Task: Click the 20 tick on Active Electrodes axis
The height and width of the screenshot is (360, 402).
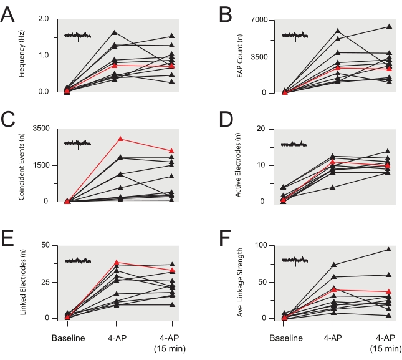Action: click(x=269, y=129)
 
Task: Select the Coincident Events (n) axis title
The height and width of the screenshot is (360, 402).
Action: click(x=22, y=165)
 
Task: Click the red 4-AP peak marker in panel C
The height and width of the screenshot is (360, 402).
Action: click(x=120, y=139)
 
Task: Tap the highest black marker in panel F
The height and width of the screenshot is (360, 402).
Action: click(x=389, y=250)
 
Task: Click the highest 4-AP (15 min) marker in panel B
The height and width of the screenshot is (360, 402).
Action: click(x=389, y=26)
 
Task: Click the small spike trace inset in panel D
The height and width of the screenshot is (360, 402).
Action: click(x=295, y=145)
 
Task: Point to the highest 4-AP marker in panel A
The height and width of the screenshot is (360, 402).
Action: click(x=115, y=32)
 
